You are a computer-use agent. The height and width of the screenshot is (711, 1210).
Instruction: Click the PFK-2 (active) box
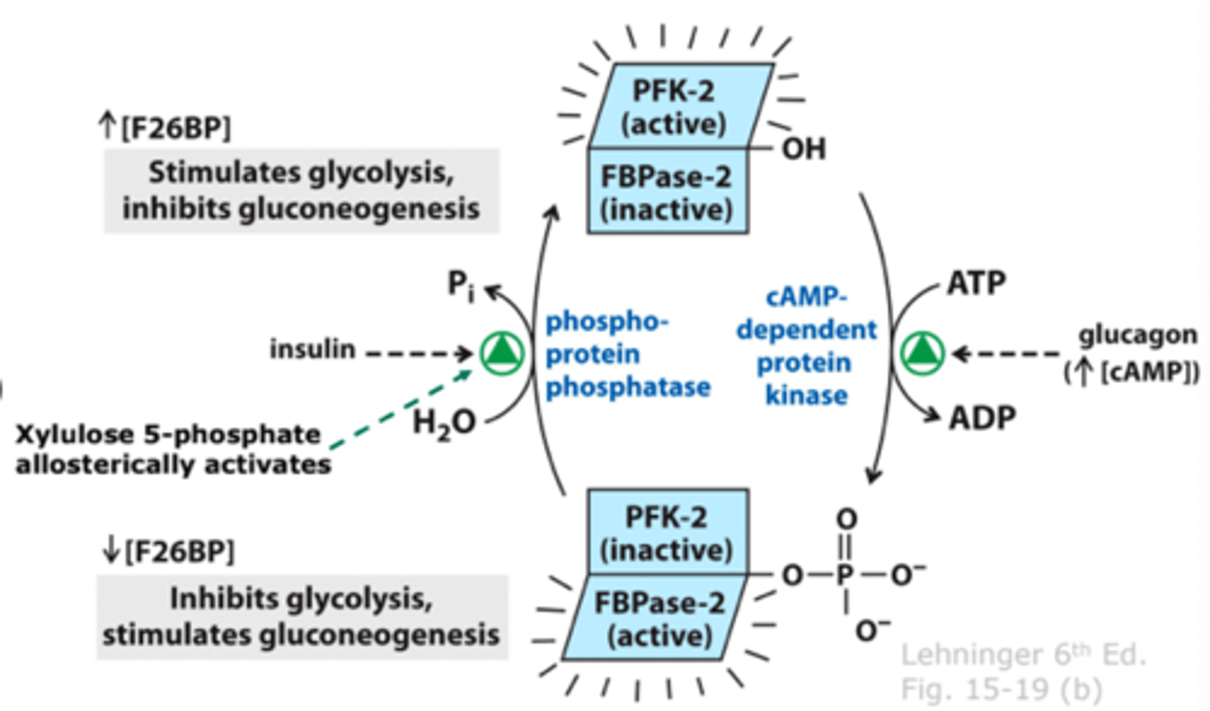click(x=681, y=106)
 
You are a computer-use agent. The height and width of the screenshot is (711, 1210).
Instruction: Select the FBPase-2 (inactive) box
click(x=668, y=191)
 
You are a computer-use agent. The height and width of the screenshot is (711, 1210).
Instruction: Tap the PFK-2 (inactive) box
click(x=668, y=532)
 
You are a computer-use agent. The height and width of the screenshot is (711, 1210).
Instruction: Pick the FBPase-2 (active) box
click(x=655, y=618)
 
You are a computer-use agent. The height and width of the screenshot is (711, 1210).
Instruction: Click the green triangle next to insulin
click(x=502, y=354)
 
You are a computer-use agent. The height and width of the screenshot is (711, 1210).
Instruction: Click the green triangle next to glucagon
click(x=922, y=354)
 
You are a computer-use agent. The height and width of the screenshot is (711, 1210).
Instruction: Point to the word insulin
click(x=313, y=350)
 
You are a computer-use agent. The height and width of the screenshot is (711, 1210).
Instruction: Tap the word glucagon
click(x=1138, y=336)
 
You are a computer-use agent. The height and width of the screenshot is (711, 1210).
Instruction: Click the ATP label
click(x=976, y=282)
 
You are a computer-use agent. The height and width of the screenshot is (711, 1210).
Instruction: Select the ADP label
click(x=982, y=418)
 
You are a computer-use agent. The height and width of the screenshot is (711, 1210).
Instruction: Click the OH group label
click(x=804, y=149)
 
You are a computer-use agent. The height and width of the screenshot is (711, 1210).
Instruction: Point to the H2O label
click(x=444, y=423)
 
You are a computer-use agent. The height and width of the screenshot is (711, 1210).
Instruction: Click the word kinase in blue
click(x=807, y=396)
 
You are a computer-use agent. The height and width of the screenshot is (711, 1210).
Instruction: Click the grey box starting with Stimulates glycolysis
click(x=302, y=191)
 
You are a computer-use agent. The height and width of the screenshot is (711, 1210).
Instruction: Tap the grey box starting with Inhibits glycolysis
click(x=302, y=617)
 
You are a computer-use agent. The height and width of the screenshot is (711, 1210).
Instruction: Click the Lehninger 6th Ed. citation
click(x=1023, y=656)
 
